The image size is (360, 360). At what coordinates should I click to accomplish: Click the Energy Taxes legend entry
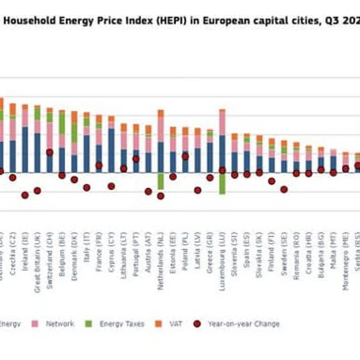coord(122,324)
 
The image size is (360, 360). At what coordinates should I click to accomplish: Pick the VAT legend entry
coord(176,324)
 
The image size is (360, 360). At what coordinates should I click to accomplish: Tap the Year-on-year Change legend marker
coord(198,324)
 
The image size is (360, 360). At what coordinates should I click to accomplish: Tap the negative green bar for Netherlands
coord(161,181)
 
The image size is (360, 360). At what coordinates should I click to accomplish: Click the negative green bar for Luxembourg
coord(222,183)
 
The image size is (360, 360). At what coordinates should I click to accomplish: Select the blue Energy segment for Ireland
coord(25,149)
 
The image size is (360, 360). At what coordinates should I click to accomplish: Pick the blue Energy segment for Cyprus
coord(111,150)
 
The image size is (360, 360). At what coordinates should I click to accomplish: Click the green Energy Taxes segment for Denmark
coord(74,133)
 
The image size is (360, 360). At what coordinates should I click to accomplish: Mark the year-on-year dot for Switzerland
coord(50,152)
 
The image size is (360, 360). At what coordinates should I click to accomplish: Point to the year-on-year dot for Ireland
coord(25,195)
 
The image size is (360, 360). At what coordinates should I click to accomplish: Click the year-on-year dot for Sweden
coord(284,189)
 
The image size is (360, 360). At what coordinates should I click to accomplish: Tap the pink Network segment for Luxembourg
coord(222,123)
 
